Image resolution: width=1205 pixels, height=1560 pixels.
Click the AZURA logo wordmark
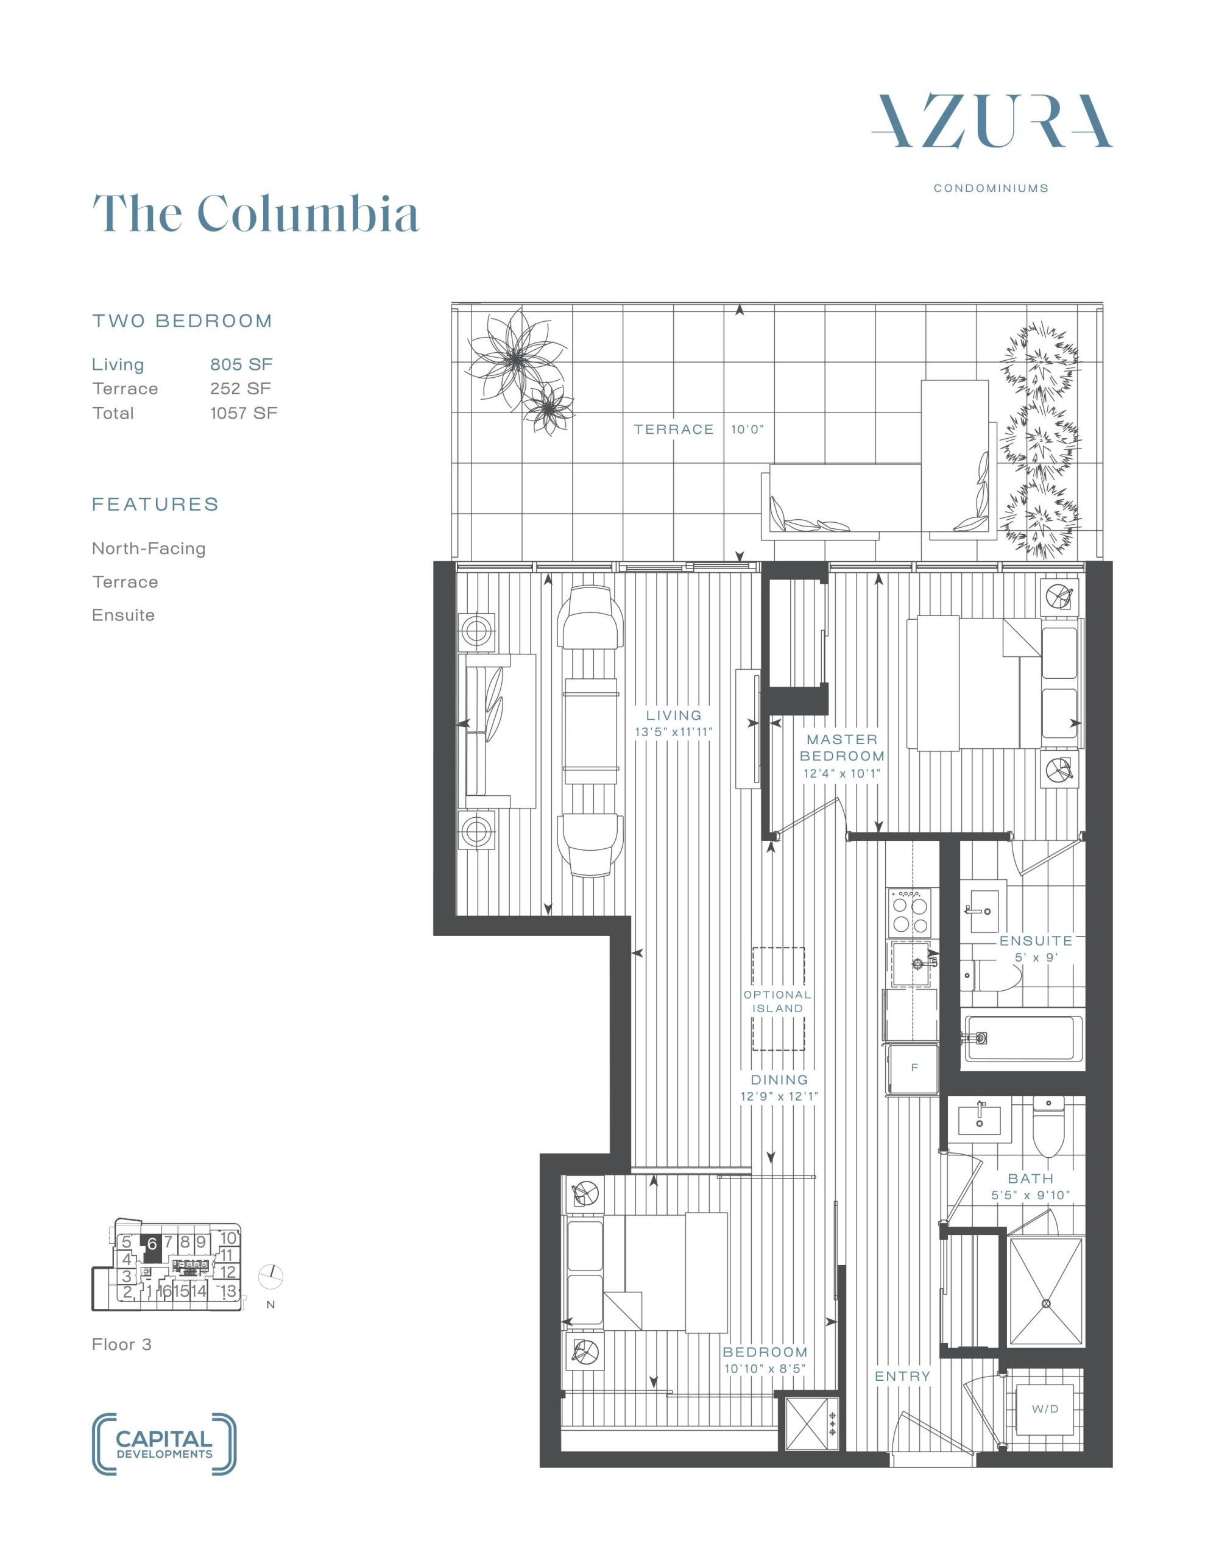click(991, 121)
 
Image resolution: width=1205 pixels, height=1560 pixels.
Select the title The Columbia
click(256, 212)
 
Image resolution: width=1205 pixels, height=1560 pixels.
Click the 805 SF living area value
click(241, 364)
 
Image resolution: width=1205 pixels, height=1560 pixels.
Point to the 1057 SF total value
click(244, 413)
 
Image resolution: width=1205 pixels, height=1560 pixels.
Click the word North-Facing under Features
click(149, 548)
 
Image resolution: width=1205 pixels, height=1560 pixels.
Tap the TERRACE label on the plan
click(674, 429)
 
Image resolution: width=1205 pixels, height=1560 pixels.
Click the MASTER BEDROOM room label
click(842, 748)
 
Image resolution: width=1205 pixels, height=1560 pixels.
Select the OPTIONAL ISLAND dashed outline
click(778, 999)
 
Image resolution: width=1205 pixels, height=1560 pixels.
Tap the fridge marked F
click(914, 1068)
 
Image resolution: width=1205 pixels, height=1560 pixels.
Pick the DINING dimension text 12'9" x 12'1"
click(779, 1096)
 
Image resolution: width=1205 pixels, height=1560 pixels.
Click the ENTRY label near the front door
click(903, 1377)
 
